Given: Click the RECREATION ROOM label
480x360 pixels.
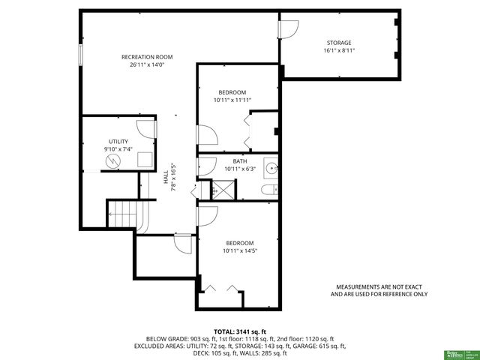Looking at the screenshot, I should (x=148, y=57).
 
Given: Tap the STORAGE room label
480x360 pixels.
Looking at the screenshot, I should (x=339, y=43).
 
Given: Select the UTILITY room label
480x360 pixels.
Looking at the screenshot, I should (x=118, y=141).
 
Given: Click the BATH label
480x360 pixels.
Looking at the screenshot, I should (x=240, y=161).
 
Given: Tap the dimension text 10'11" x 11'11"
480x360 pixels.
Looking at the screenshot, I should (x=232, y=100).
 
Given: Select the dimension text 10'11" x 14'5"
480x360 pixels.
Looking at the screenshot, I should (x=240, y=251).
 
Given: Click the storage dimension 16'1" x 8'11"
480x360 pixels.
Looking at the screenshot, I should (x=339, y=51).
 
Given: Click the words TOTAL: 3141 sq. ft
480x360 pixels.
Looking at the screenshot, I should (x=240, y=331).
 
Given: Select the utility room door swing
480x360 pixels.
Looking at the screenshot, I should (x=149, y=128).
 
